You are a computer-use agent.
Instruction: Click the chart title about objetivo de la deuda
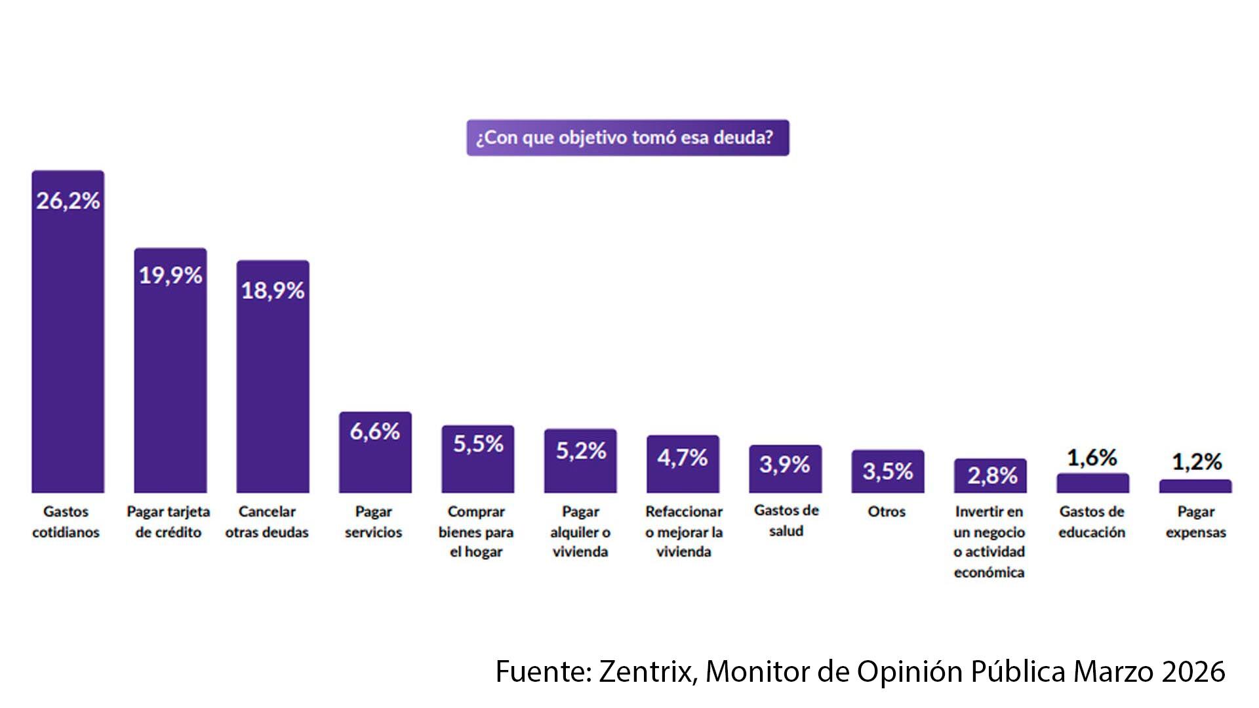click(x=628, y=138)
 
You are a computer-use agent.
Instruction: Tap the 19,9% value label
click(x=170, y=275)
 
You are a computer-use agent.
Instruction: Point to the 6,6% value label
click(x=375, y=431)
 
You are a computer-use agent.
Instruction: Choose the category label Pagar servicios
click(x=374, y=522)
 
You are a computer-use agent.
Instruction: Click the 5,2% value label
click(x=581, y=450)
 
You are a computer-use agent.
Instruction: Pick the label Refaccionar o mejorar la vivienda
click(x=683, y=532)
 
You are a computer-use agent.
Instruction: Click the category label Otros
click(x=887, y=511)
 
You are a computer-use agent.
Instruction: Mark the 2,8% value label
click(x=991, y=475)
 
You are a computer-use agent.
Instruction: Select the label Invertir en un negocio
click(x=989, y=541)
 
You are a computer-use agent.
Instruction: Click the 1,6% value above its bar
click(x=1092, y=458)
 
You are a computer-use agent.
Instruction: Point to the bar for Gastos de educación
click(x=1092, y=484)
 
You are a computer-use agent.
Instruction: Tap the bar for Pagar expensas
click(x=1195, y=486)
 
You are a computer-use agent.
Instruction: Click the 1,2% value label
click(x=1197, y=462)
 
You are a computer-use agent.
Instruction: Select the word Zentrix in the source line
click(x=647, y=671)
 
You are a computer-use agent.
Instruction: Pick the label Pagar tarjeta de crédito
click(x=169, y=522)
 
